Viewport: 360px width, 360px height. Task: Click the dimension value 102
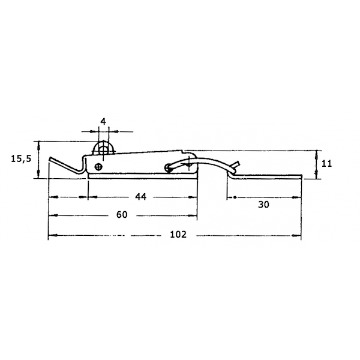tap(178, 235)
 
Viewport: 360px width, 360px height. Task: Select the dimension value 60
tap(122, 215)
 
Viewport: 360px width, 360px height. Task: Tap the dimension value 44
tap(141, 197)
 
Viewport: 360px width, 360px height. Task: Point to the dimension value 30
tap(263, 205)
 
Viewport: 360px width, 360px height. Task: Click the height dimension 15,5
tap(21, 158)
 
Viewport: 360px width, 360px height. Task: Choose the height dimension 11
tap(326, 164)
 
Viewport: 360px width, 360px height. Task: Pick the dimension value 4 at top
tap(103, 122)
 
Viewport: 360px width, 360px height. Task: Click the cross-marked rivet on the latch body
tap(99, 167)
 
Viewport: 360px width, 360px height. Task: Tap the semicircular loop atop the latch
tap(103, 143)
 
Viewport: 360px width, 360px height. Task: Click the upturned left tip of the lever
tap(50, 158)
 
